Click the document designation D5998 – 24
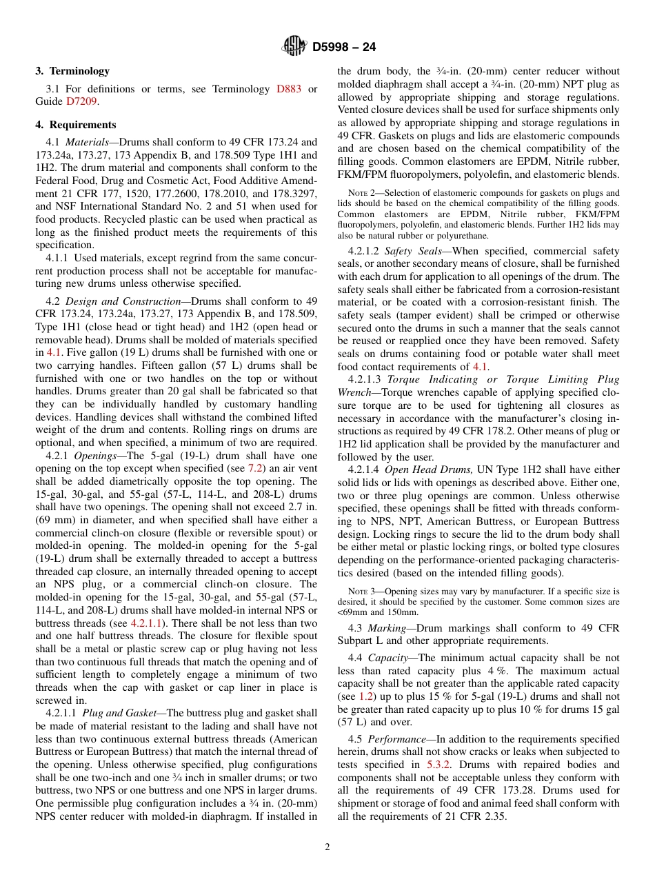point(344,48)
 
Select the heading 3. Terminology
point(72,71)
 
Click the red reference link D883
point(288,89)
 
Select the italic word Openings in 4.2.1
point(90,456)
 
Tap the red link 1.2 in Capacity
point(367,696)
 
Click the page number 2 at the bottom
point(327,847)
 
